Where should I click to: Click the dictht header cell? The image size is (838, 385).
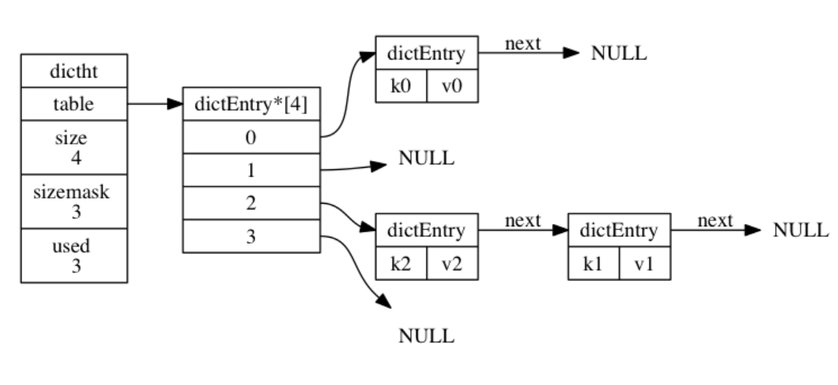(74, 73)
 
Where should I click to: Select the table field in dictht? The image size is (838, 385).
(74, 105)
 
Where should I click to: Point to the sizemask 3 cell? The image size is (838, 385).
(74, 201)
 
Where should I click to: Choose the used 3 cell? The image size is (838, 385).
(74, 256)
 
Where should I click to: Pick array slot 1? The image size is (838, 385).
(252, 171)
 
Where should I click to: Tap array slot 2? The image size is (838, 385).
(252, 204)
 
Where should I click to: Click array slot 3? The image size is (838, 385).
(252, 236)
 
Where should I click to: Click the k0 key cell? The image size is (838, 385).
(401, 86)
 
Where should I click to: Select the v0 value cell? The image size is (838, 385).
(452, 86)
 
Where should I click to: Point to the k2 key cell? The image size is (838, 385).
(401, 264)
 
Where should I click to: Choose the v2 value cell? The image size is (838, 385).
(452, 264)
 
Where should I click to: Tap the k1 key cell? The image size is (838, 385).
(593, 264)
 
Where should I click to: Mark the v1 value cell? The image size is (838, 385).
(644, 264)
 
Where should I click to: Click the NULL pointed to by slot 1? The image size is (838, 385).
(426, 159)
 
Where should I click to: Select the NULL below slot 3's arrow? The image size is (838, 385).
(426, 336)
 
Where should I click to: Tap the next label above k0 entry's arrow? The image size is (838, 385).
(523, 44)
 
